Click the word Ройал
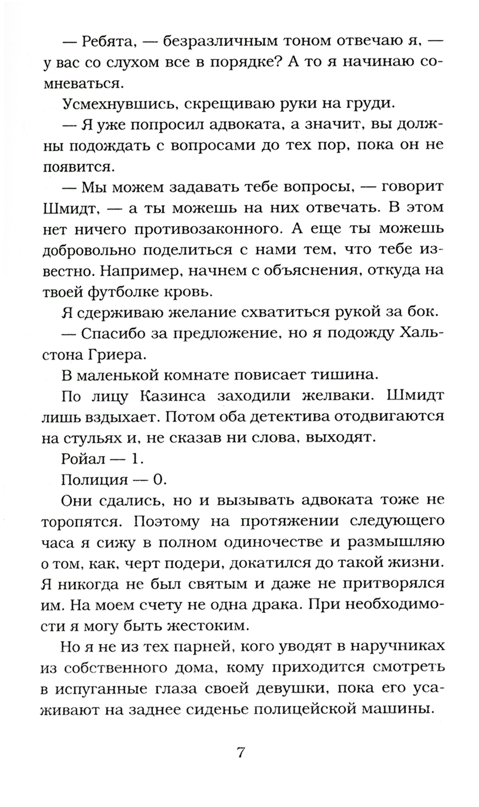(82, 459)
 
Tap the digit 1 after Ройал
(136, 459)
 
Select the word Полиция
(95, 480)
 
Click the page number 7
(241, 753)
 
